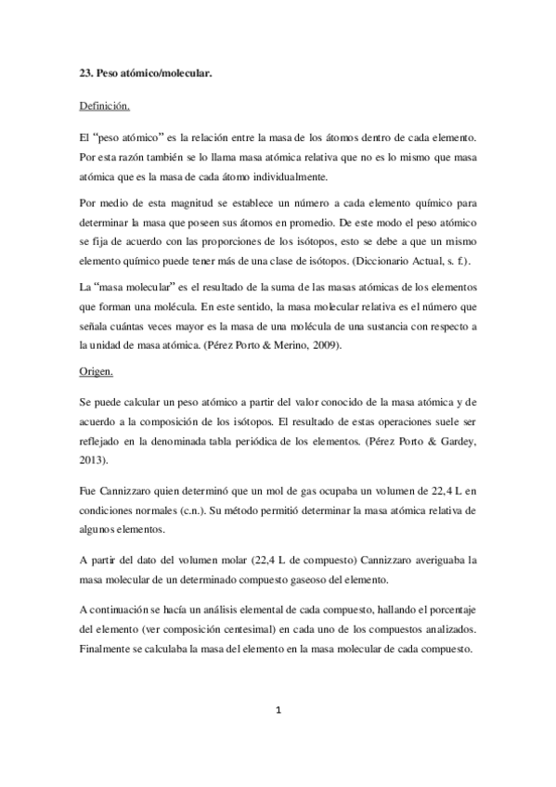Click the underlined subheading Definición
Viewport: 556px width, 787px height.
coord(105,107)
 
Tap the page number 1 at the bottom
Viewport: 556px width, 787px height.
coord(278,711)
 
